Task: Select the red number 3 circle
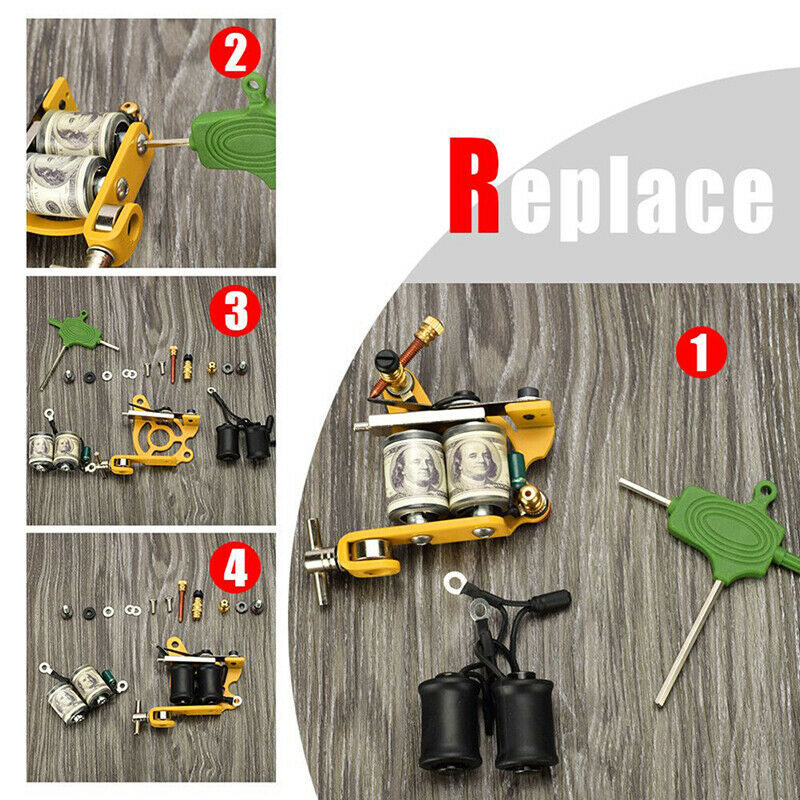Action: pos(235,312)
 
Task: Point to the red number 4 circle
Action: pos(235,570)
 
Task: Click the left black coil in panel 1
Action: pos(450,721)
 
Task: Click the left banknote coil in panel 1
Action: pos(413,469)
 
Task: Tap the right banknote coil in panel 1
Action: pos(477,465)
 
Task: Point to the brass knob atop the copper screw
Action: pos(431,328)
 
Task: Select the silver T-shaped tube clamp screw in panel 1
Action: pos(317,556)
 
